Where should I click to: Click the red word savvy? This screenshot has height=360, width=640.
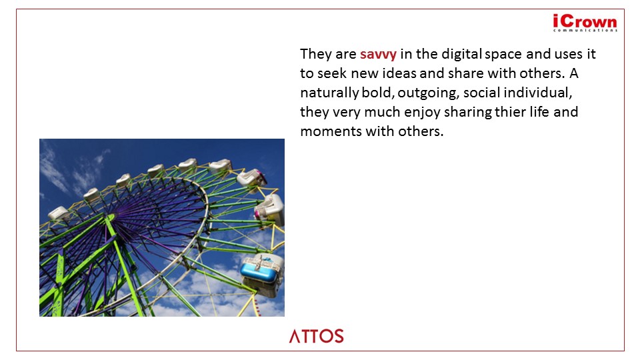point(378,54)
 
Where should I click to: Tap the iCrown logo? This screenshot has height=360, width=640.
point(585,23)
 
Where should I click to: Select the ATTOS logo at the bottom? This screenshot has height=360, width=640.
point(316,336)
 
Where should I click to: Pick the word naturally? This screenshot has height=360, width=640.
point(329,93)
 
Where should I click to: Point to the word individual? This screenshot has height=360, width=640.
point(537,93)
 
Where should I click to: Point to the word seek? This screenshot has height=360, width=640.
point(332,73)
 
